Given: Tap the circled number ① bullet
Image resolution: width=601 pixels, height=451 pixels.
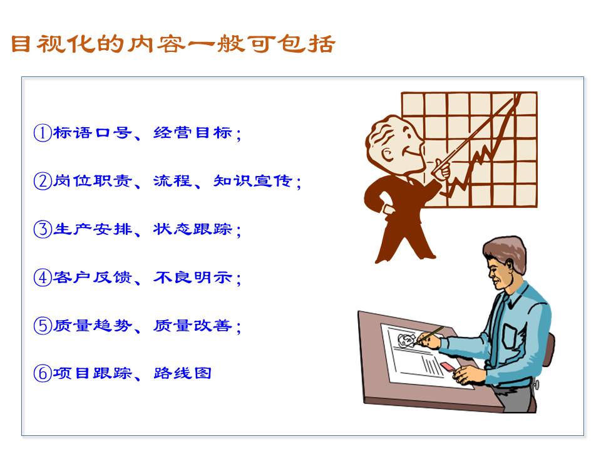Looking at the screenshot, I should pos(42,133).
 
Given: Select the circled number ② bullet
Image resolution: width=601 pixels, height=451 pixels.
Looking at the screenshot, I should pos(42,182).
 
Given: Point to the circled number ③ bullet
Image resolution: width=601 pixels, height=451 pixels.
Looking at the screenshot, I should pos(42,229).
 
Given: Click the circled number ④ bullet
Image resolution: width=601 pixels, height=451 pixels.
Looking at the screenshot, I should pos(42,277).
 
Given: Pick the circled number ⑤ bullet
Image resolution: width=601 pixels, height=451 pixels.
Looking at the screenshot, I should pos(42,326).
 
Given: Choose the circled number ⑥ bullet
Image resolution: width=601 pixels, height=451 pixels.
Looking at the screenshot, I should pos(42,373).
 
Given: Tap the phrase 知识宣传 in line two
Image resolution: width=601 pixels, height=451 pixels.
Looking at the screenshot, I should pos(253,182).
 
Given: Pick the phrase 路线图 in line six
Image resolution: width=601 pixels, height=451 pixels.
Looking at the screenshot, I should pos(183,373).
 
